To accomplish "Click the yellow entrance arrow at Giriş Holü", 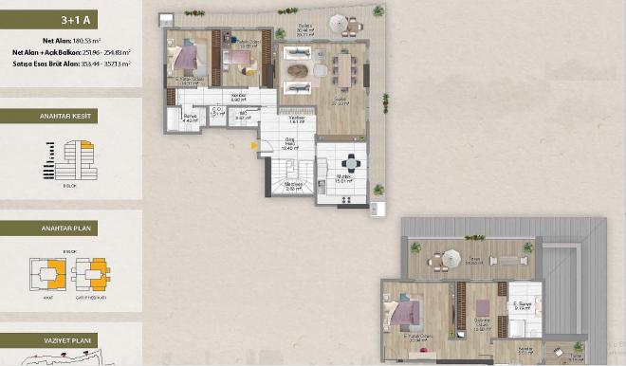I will point(253,145).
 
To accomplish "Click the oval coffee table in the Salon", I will point(296,68).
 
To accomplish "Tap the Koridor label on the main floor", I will point(238,98).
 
